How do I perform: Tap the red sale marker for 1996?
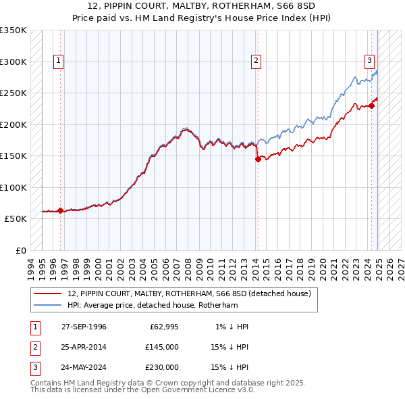tap(60, 210)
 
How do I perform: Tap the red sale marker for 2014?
tap(257, 160)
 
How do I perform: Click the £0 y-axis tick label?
tap(20, 250)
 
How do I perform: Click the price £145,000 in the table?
tap(162, 347)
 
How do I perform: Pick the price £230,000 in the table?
tap(162, 368)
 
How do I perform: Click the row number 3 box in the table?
tap(34, 368)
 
